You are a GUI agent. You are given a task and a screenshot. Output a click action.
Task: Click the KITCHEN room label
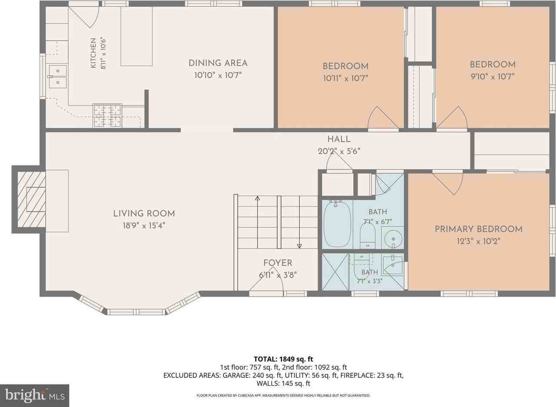(x=93, y=53)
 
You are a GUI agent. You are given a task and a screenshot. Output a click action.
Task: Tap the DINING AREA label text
(x=218, y=63)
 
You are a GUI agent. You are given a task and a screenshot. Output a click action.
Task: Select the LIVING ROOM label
(x=144, y=213)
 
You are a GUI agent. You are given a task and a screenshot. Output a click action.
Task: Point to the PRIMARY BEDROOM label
(x=479, y=229)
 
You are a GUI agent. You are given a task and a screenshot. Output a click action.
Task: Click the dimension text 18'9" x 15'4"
(x=144, y=226)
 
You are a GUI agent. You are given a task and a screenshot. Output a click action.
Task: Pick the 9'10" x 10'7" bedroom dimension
(x=493, y=76)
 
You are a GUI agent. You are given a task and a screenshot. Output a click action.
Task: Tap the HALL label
(x=339, y=139)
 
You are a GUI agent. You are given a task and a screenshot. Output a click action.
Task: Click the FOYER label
(x=278, y=263)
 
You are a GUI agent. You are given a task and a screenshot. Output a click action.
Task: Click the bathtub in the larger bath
(x=337, y=224)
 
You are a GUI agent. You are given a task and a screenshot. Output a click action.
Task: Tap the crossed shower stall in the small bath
(x=335, y=272)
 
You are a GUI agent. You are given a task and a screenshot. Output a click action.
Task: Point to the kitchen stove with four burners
(x=107, y=116)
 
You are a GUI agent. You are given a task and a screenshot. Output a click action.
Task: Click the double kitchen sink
(x=58, y=77)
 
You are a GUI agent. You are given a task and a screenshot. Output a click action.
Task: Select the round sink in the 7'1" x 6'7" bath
(x=393, y=239)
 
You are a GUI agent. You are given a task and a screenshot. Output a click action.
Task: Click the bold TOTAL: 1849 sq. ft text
(x=284, y=359)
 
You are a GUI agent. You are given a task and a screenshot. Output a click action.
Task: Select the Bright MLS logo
(x=34, y=396)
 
